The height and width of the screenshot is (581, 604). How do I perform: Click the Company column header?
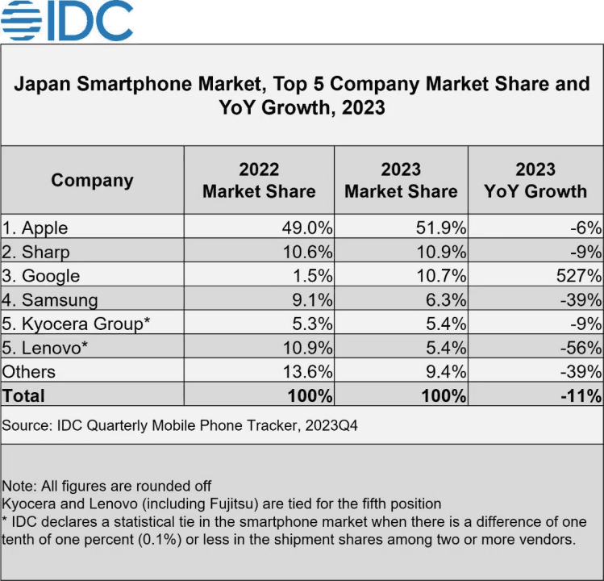tap(92, 180)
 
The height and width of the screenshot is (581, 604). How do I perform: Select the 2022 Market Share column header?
tap(259, 180)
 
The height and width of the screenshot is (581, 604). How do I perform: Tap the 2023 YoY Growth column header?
tap(535, 180)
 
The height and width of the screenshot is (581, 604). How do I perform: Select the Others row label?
tap(29, 371)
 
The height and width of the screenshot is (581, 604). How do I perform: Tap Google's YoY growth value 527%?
tap(580, 275)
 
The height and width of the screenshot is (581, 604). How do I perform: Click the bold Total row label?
tap(24, 395)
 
